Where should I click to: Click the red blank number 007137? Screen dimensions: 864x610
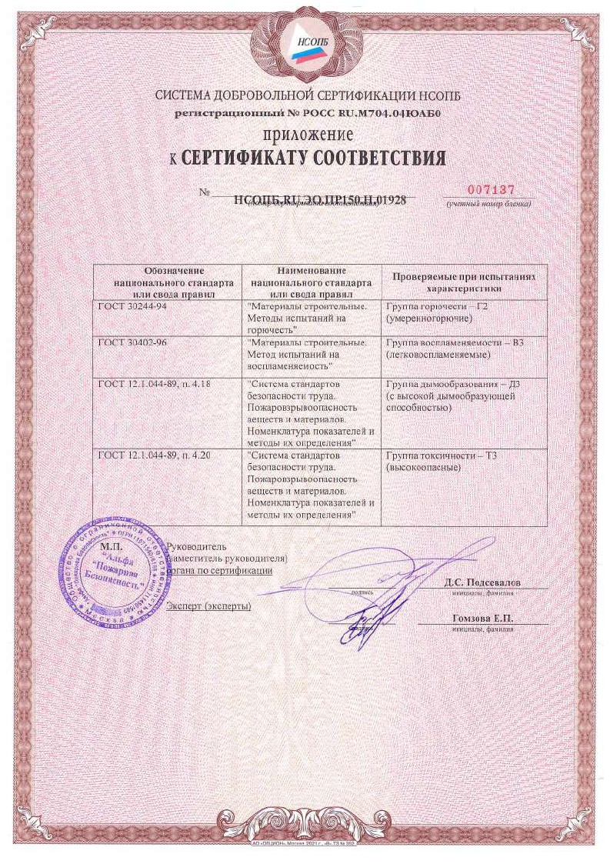(x=490, y=189)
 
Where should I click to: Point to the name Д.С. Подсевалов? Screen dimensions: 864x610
(x=482, y=582)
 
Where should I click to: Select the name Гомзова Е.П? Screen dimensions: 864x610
(x=482, y=619)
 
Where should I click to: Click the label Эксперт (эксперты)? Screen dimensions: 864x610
(x=208, y=606)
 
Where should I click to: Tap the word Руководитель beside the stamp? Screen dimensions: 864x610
(x=197, y=545)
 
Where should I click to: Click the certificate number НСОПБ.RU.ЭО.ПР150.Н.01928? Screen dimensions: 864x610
(x=318, y=199)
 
